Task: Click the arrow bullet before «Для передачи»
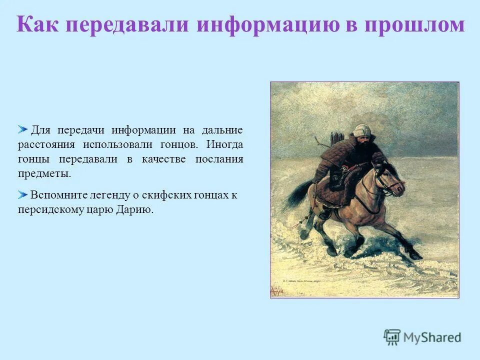(23, 130)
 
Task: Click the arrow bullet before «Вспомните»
(23, 194)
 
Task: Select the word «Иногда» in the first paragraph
(224, 145)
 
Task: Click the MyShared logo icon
(392, 337)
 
